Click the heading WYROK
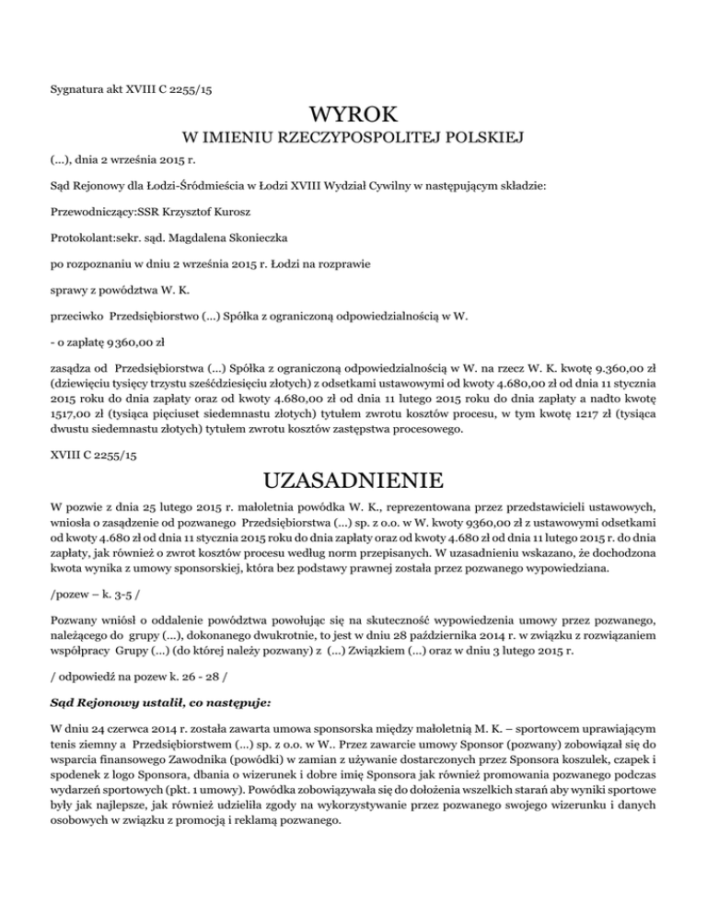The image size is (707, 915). click(x=353, y=115)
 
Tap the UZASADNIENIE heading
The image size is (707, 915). click(x=353, y=481)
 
